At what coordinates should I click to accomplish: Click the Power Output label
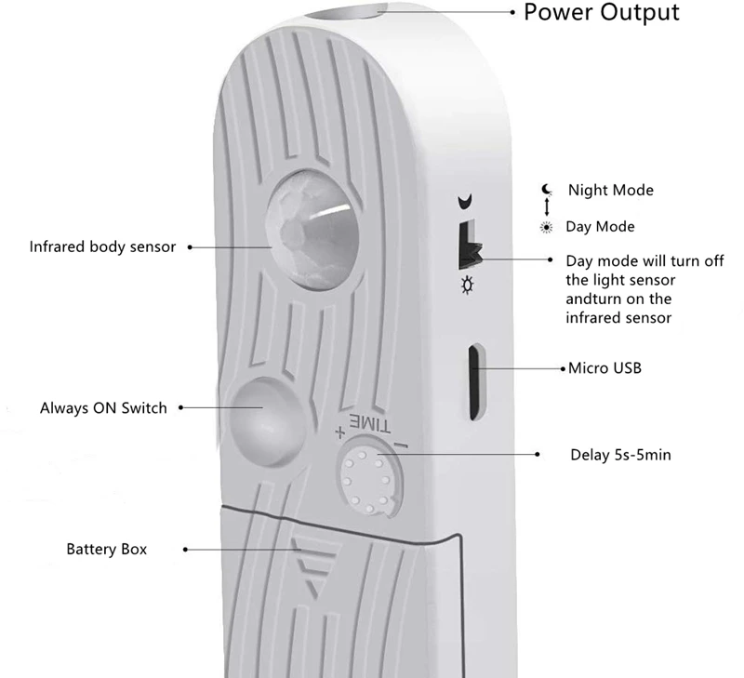point(602,12)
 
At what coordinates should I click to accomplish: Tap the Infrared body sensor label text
point(102,247)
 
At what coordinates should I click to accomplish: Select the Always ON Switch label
point(103,407)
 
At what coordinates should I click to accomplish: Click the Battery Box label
point(106,549)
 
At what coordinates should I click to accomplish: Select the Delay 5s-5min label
point(620,455)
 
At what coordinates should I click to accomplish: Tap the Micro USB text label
point(604,368)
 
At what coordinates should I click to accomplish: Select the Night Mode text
point(611,190)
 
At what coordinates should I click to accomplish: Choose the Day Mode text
point(600,227)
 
